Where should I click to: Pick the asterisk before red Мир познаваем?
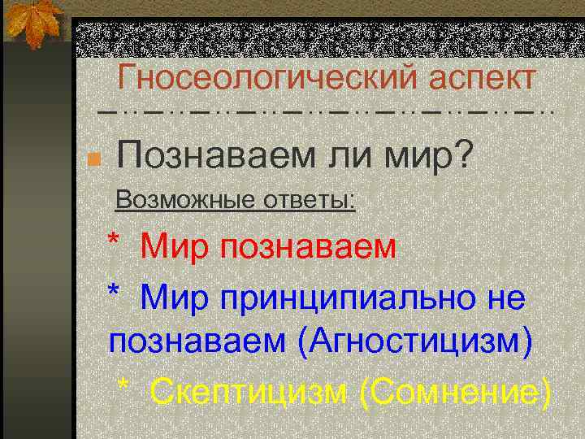pos(116,241)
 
